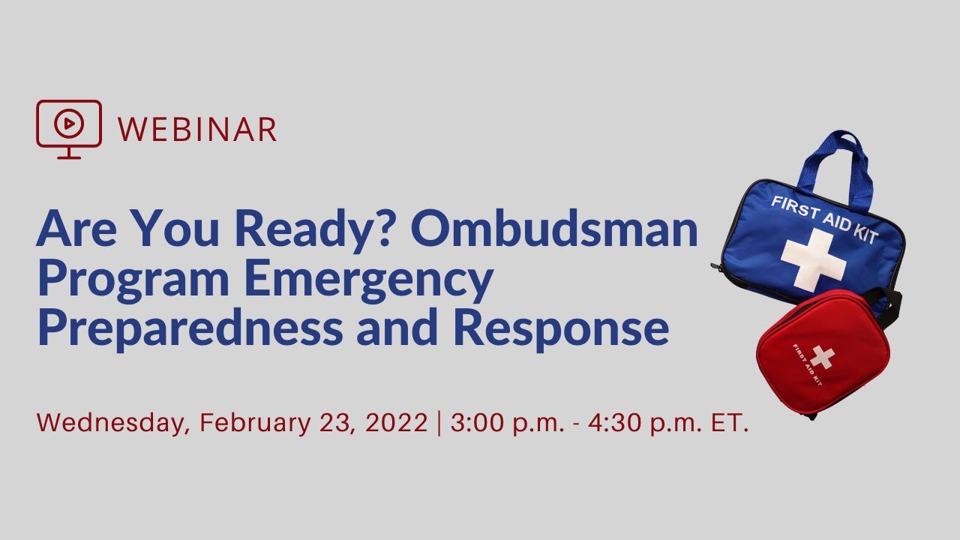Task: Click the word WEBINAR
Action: [x=197, y=129]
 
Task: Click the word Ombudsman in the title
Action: [x=555, y=230]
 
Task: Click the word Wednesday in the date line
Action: [x=112, y=423]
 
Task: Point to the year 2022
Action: [x=397, y=422]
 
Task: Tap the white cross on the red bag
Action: [x=822, y=357]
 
